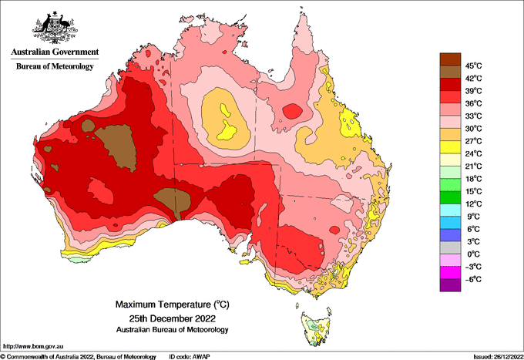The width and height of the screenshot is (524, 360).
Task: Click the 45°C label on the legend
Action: point(474,66)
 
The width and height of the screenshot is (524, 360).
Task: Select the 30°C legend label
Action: point(474,129)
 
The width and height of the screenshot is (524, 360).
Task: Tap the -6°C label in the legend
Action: point(474,279)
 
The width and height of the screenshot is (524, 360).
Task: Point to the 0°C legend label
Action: point(474,254)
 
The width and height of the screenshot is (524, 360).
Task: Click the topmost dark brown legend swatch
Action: point(450,59)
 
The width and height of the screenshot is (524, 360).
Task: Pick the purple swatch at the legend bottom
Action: point(450,285)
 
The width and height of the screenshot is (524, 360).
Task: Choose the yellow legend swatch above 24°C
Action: point(450,147)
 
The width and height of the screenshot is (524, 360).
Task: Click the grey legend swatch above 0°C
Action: point(450,247)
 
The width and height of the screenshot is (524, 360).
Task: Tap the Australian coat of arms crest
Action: point(55,28)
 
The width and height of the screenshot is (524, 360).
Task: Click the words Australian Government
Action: point(55,52)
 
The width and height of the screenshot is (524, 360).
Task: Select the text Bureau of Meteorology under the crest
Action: point(55,66)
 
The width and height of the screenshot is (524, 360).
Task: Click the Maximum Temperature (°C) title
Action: point(173,304)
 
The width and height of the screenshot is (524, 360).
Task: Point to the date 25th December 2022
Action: point(173,318)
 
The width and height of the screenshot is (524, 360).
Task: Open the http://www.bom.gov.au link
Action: point(33,346)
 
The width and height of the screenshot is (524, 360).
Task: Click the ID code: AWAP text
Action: point(190,357)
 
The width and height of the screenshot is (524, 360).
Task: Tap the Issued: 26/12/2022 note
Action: point(498,357)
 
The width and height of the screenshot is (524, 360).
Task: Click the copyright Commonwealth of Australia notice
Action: point(78,357)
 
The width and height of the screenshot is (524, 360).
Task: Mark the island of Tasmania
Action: point(317,328)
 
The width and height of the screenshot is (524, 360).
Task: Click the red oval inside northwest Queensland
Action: point(292,111)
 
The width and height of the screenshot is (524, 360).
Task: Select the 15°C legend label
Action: point(474,191)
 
